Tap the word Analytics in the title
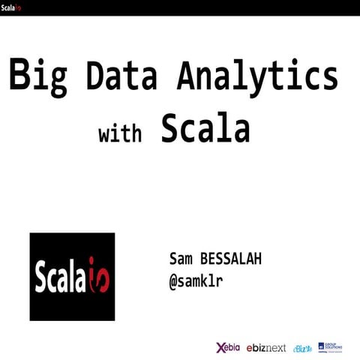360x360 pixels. pos(257,76)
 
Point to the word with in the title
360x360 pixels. pos(120,134)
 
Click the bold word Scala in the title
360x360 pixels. pos(205,129)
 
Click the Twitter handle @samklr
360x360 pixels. pos(196,281)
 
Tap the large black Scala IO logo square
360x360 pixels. pos(72,277)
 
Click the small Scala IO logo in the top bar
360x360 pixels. pos(11,7)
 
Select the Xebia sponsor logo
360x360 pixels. pos(229,347)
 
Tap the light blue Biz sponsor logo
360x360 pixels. pos(303,348)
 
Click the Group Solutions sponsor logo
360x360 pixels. pos(330,346)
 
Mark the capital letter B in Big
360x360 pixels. pos(20,76)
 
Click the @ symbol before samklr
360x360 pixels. pos(174,281)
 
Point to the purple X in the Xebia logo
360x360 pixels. pos(220,347)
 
